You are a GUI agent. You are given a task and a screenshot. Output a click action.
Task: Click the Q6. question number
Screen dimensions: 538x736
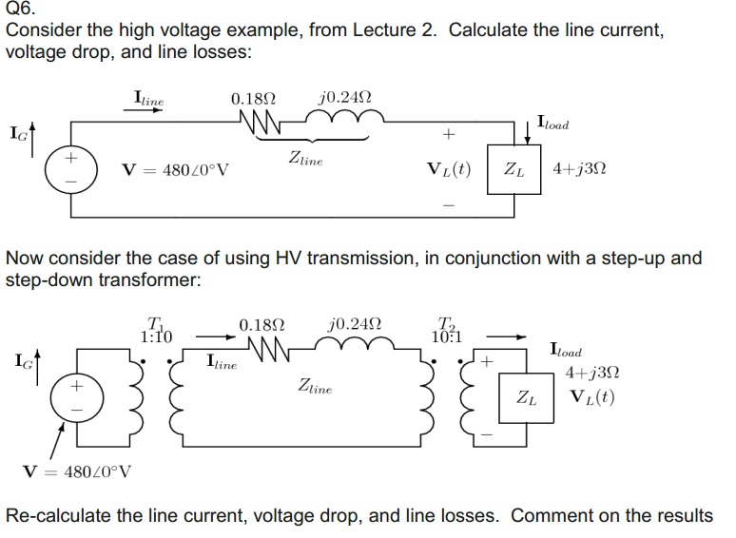point(19,10)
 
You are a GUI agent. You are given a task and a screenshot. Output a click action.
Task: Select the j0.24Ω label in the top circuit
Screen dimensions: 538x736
point(346,99)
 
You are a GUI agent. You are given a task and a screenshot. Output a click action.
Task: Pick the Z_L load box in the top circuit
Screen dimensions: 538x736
point(512,171)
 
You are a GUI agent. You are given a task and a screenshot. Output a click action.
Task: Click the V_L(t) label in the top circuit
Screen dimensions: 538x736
point(450,171)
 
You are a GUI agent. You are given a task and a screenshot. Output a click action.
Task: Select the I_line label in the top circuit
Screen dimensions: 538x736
point(149,99)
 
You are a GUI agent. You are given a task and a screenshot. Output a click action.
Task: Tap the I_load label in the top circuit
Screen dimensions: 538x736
point(557,123)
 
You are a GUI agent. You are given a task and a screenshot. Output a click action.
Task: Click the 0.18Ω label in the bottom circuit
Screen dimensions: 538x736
point(260,323)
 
